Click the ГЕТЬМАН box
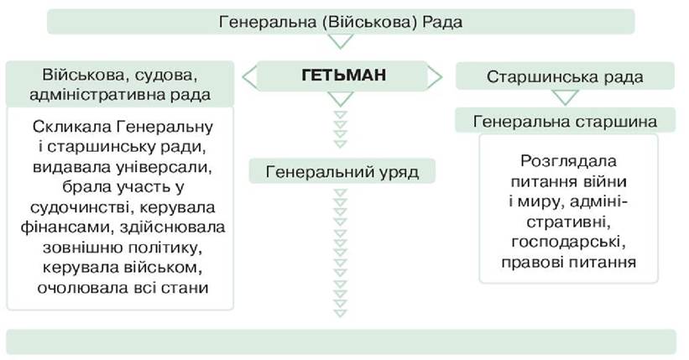tap(343, 76)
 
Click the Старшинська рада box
tap(565, 77)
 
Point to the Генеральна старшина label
tap(565, 122)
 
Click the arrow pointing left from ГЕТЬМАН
tap(248, 76)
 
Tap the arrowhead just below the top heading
tap(342, 40)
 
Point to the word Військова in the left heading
tap(77, 75)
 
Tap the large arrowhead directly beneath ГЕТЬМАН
tap(342, 98)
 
